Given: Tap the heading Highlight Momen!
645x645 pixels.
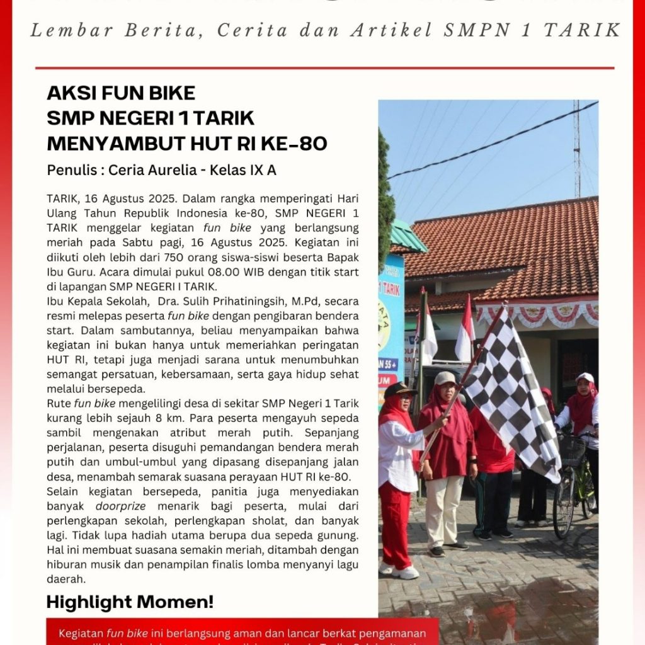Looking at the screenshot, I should coord(130,602).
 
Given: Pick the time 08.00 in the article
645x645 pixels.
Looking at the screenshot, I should coord(206,272).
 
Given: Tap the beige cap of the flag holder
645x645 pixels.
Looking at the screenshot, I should coord(445,378).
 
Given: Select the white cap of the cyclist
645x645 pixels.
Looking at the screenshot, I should coord(585,377).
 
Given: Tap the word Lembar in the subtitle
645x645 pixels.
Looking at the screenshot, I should coord(59,31).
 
